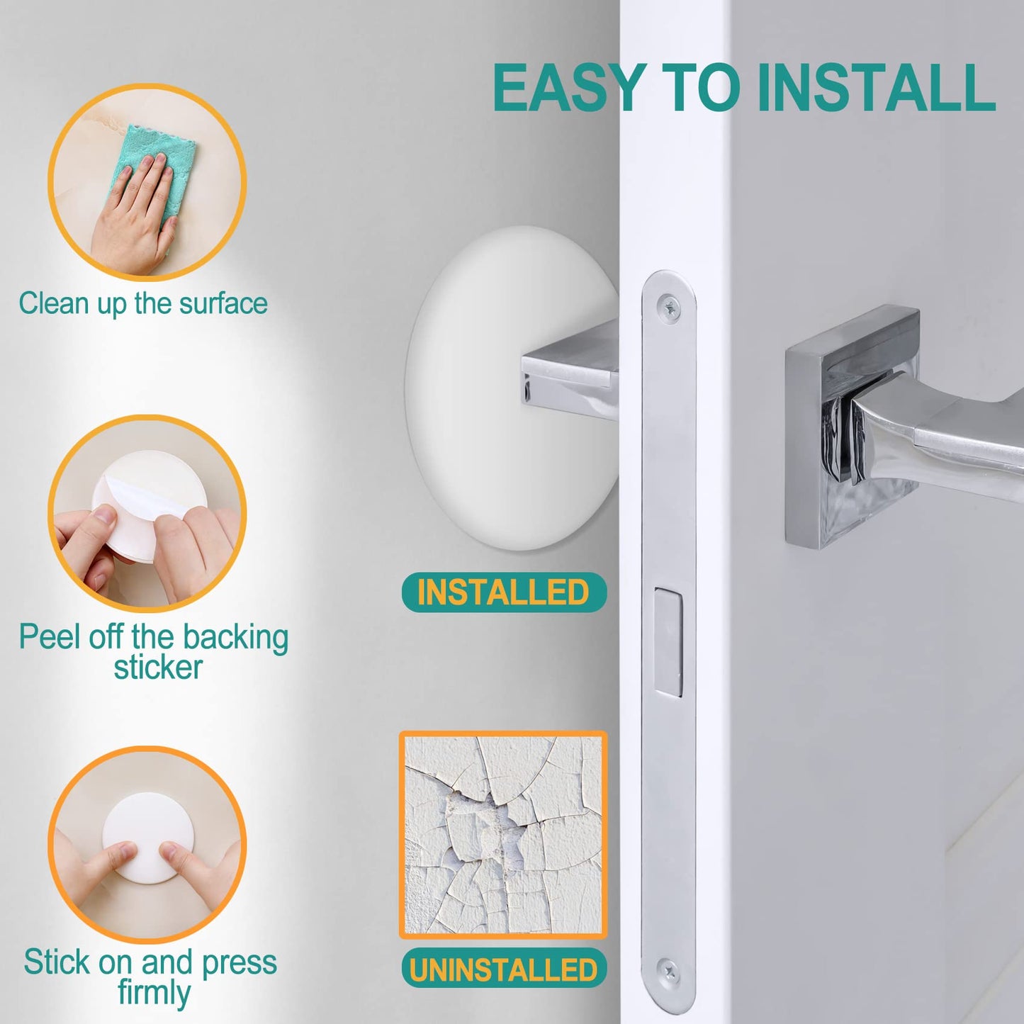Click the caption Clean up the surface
(x=143, y=304)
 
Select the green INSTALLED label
(x=504, y=592)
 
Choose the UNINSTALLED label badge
(x=504, y=969)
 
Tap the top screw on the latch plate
(x=669, y=306)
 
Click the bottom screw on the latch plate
(x=668, y=969)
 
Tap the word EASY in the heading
(x=567, y=88)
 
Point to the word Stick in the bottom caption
(x=57, y=962)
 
